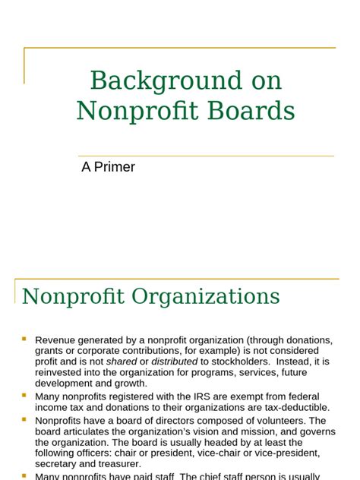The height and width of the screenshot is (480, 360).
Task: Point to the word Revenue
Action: click(56, 340)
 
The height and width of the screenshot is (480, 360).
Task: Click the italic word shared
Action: click(122, 362)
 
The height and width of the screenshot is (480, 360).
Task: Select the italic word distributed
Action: click(175, 362)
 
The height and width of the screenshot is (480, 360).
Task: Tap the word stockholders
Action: click(240, 362)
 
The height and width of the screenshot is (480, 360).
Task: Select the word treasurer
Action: click(118, 464)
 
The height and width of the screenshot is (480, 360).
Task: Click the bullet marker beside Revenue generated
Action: click(24, 339)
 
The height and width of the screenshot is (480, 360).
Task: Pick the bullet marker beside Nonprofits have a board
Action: click(24, 418)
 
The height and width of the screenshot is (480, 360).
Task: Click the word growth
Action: click(130, 384)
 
